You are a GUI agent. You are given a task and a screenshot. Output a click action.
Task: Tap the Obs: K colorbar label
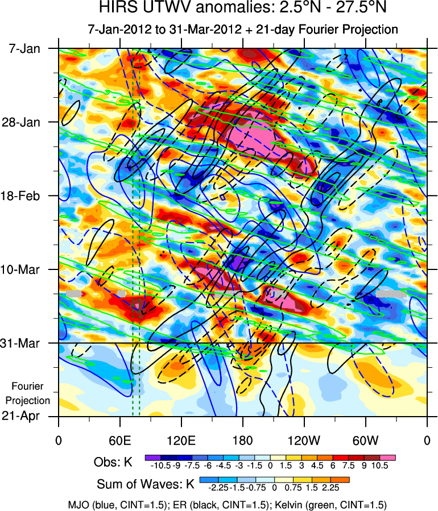click(113, 462)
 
